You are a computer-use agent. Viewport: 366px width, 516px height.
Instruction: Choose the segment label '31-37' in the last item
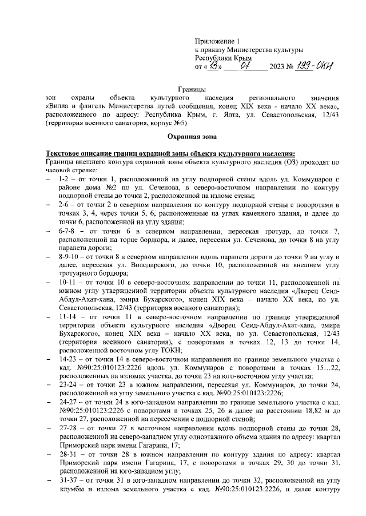click(68, 494)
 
